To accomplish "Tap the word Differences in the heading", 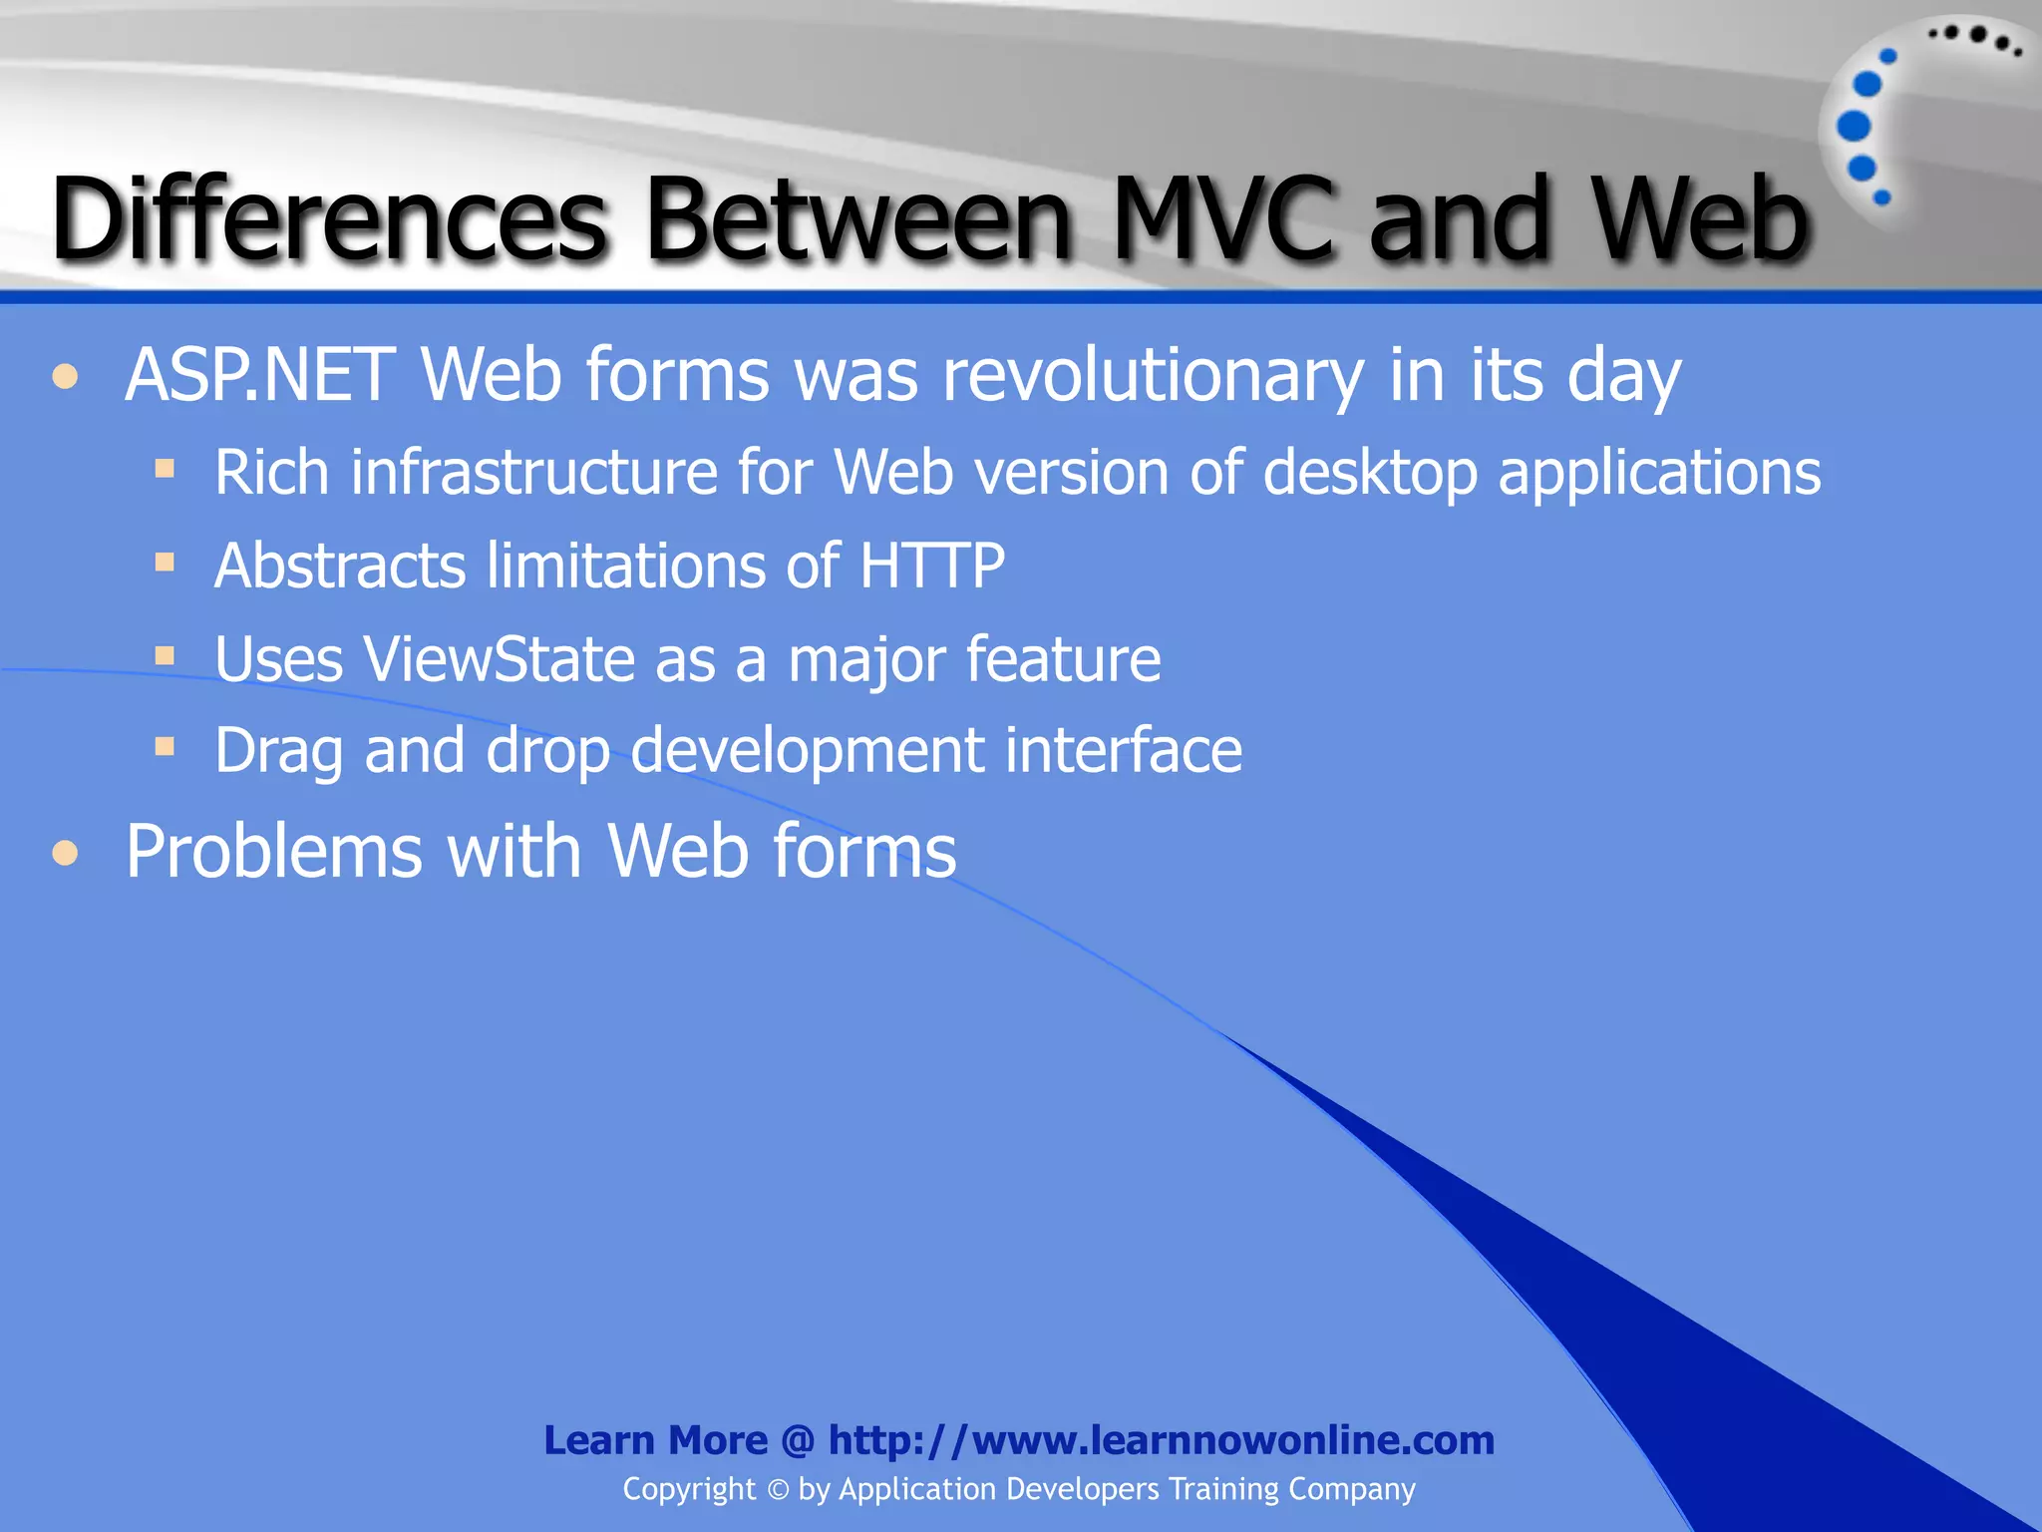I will [x=329, y=219].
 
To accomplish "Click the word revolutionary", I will [x=1153, y=377].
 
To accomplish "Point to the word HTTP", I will [x=931, y=566].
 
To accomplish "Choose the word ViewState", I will [x=500, y=659].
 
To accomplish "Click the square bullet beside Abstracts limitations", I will [x=166, y=563].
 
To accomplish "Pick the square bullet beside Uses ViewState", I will [x=166, y=656].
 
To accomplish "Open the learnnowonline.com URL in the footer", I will [x=1161, y=1440].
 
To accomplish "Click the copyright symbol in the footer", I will [x=778, y=1490].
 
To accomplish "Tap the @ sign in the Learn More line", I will [x=798, y=1441].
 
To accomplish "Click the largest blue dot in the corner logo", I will [x=1854, y=126].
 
